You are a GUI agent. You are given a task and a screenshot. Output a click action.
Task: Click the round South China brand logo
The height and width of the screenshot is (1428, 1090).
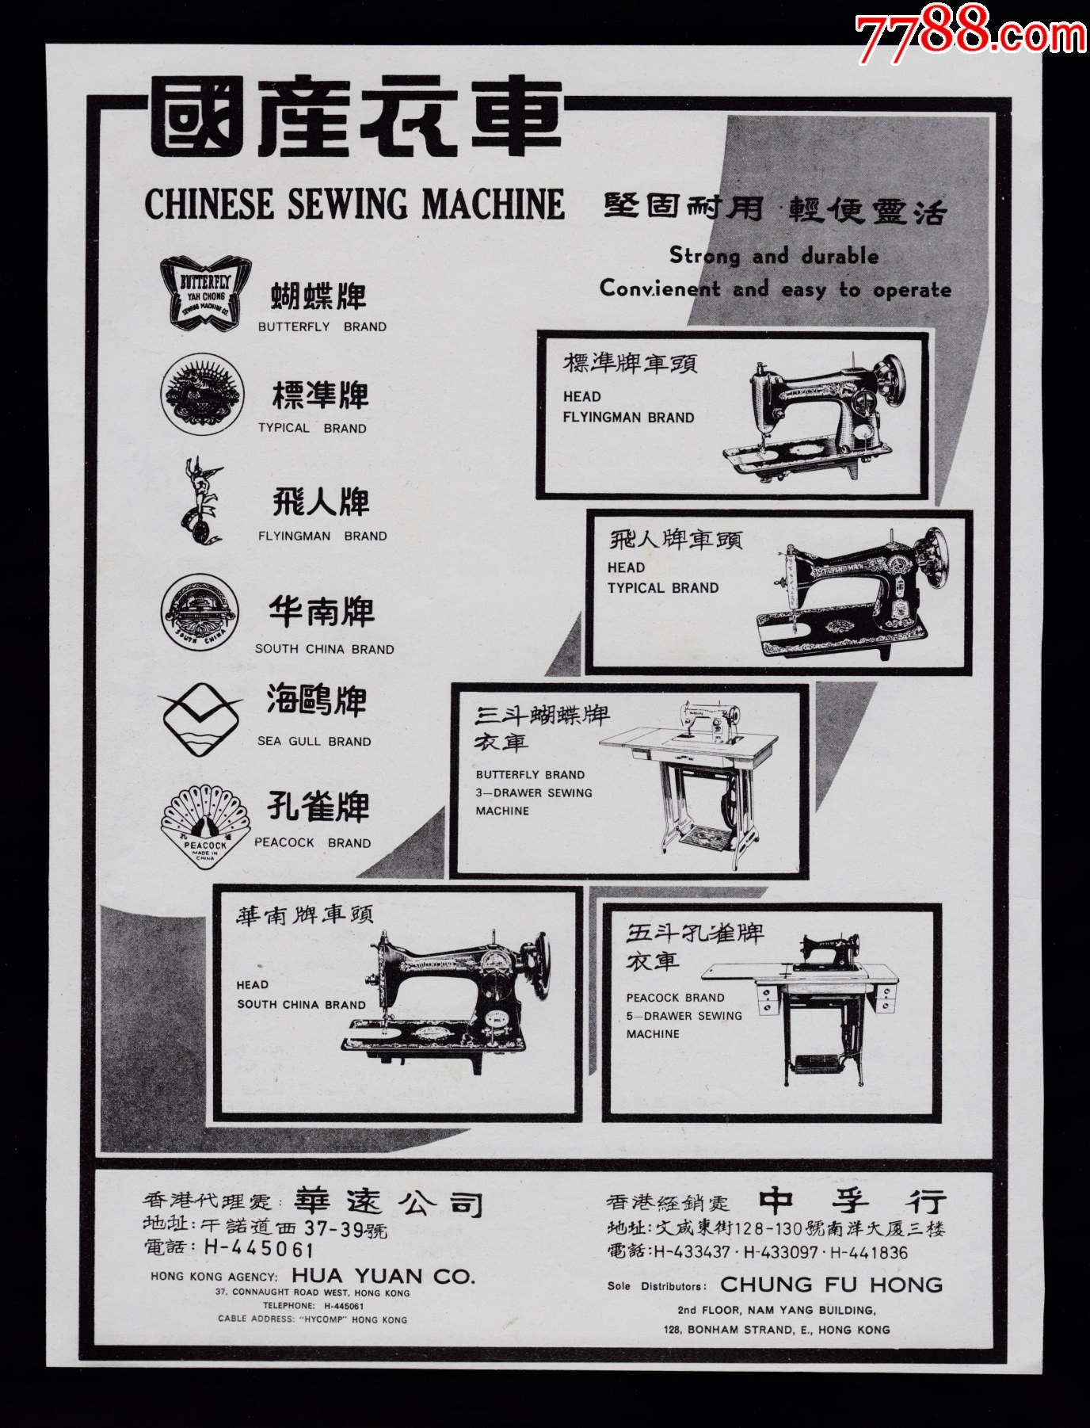click(x=199, y=613)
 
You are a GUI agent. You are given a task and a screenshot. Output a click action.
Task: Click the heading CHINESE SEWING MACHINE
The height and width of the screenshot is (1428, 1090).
click(x=354, y=204)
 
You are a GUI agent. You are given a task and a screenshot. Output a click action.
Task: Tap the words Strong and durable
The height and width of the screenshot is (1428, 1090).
click(x=774, y=256)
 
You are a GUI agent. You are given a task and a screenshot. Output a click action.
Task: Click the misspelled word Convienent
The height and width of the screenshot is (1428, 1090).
click(x=659, y=288)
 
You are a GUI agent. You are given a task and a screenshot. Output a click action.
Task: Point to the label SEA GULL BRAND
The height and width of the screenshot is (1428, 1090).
click(x=314, y=742)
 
